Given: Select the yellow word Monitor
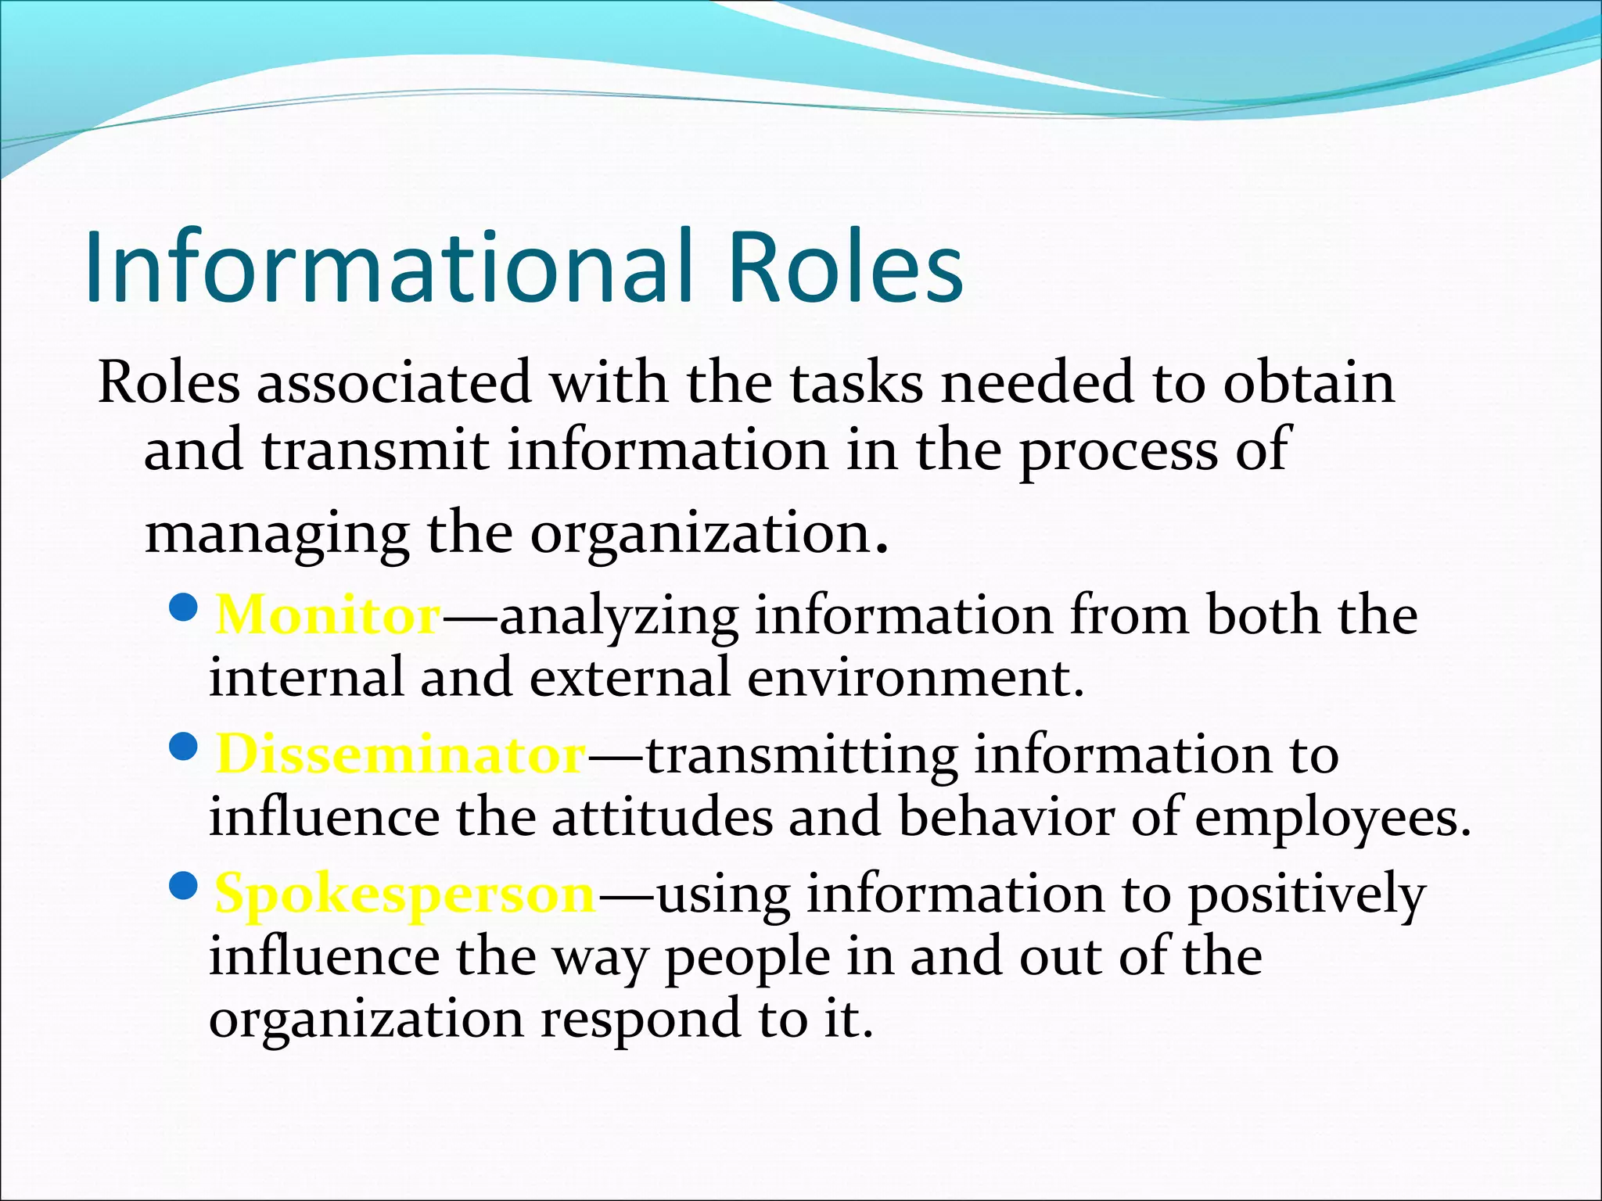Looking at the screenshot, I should pos(328,615).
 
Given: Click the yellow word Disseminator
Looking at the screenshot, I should pos(400,755).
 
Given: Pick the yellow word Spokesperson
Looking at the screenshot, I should pos(405,894).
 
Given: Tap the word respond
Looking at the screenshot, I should pos(641,1020).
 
